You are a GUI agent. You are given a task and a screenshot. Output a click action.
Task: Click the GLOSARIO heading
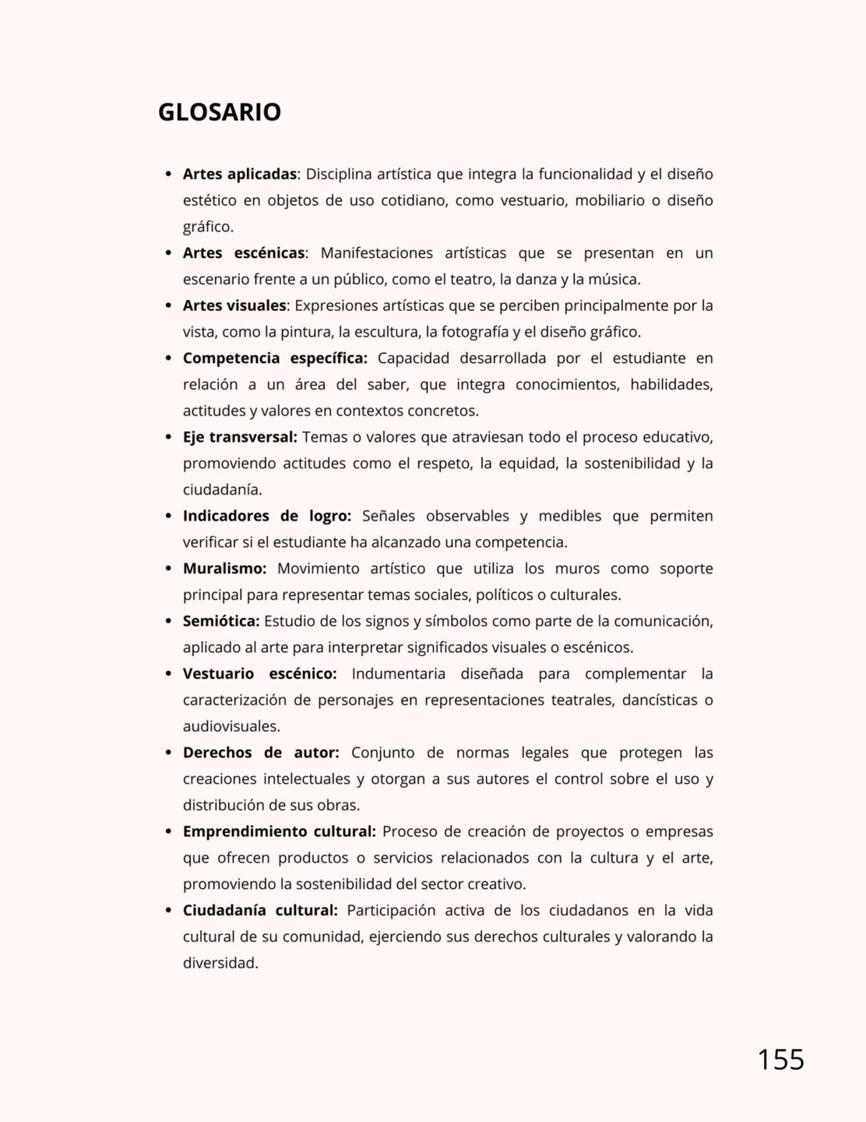[219, 112]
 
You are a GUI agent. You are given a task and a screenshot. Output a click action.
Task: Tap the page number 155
[780, 1060]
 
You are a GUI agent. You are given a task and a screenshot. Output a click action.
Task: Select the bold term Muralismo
[224, 569]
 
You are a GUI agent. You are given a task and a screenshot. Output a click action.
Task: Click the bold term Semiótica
[221, 621]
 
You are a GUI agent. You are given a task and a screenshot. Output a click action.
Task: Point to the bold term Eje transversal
[240, 437]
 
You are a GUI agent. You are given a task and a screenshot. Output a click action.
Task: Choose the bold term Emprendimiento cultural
[280, 831]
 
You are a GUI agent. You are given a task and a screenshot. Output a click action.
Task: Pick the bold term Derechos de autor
[261, 753]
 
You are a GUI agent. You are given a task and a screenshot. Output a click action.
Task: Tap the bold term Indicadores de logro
[267, 516]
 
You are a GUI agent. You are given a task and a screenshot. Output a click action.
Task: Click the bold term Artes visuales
[234, 305]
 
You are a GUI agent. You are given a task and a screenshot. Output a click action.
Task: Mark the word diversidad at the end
[220, 963]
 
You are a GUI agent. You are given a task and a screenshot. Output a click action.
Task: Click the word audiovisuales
[231, 726]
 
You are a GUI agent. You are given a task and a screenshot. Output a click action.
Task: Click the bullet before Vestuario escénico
[168, 674]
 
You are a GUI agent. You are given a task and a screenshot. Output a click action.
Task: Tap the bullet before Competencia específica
[168, 358]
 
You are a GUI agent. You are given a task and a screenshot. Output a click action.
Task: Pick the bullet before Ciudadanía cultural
[168, 911]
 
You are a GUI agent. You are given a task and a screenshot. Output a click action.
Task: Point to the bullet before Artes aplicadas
[168, 175]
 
